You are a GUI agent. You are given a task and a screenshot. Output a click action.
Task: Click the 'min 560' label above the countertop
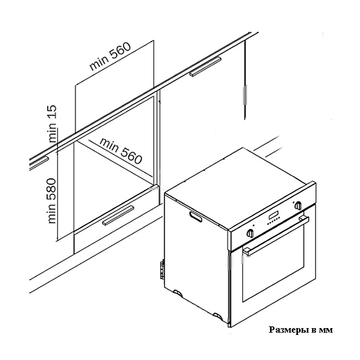click(x=110, y=56)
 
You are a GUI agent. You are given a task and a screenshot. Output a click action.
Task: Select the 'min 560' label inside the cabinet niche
click(x=121, y=151)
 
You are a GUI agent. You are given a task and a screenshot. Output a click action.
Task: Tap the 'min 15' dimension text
click(x=52, y=124)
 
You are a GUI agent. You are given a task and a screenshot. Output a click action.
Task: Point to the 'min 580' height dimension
click(x=52, y=201)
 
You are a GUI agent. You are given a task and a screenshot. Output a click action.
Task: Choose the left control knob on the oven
click(x=250, y=234)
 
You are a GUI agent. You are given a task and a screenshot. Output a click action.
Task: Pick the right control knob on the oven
click(x=298, y=205)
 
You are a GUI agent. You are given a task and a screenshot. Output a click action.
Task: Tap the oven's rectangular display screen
click(x=273, y=215)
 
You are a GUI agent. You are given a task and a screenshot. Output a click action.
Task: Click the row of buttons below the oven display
click(x=273, y=222)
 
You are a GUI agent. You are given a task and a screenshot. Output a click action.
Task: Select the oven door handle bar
click(x=276, y=236)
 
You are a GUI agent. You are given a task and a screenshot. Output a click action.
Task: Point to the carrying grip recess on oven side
click(x=195, y=217)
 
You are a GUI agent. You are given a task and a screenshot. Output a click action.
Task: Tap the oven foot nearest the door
click(x=218, y=316)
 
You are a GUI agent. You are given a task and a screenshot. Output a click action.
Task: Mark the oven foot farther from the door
click(x=178, y=293)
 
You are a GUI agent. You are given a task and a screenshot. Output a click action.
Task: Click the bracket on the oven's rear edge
click(x=162, y=269)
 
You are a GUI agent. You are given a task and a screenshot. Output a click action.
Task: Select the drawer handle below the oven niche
click(x=118, y=215)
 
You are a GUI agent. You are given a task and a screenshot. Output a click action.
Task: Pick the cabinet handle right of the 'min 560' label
click(x=205, y=66)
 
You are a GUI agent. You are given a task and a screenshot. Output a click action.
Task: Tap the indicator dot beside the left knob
click(x=253, y=226)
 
